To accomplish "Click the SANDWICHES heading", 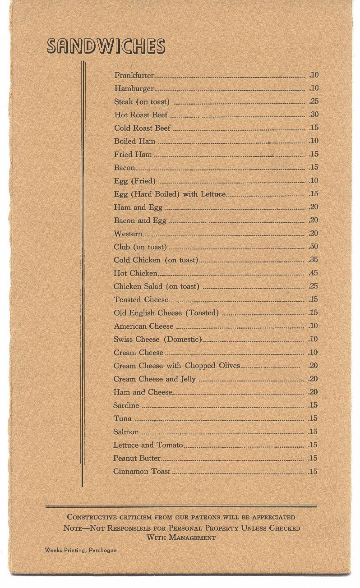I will pyautogui.click(x=106, y=46).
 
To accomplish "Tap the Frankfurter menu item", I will pyautogui.click(x=134, y=75).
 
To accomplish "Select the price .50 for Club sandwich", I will pyautogui.click(x=313, y=247).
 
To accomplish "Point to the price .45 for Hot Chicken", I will pyautogui.click(x=313, y=273).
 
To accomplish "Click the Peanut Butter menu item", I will pyautogui.click(x=137, y=458).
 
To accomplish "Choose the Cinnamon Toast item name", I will pyautogui.click(x=142, y=472).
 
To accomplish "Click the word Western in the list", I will pyautogui.click(x=128, y=234).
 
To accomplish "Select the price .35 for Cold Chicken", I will pyautogui.click(x=313, y=260).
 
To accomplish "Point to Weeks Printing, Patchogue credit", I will pyautogui.click(x=80, y=550).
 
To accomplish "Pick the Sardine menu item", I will pyautogui.click(x=126, y=405).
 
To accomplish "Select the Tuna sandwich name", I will pyautogui.click(x=122, y=418).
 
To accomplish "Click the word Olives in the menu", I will pyautogui.click(x=229, y=366).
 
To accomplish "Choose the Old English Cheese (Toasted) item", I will pyautogui.click(x=166, y=313).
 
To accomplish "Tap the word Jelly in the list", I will pyautogui.click(x=188, y=379).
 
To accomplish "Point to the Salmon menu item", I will pyautogui.click(x=126, y=432).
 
